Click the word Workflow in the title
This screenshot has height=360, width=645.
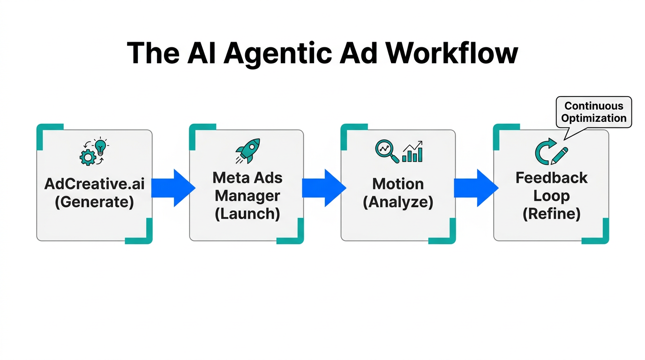(452, 53)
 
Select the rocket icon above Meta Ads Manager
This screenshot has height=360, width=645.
(247, 151)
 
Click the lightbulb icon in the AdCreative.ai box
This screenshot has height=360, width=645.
(101, 146)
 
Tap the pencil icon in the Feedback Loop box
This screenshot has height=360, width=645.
(560, 156)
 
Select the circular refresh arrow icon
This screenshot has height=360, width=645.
(544, 153)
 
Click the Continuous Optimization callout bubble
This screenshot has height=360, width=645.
(593, 112)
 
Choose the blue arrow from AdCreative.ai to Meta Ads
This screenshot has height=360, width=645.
(172, 188)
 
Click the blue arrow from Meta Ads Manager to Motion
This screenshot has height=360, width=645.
(324, 188)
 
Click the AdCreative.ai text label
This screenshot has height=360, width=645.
(95, 184)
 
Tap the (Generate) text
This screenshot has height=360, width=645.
(94, 202)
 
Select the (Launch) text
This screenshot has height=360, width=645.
(247, 213)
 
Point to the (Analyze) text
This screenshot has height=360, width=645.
(398, 202)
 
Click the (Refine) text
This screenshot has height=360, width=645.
(551, 214)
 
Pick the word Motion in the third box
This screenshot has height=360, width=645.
(398, 184)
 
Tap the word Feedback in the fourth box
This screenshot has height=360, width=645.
(551, 178)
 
